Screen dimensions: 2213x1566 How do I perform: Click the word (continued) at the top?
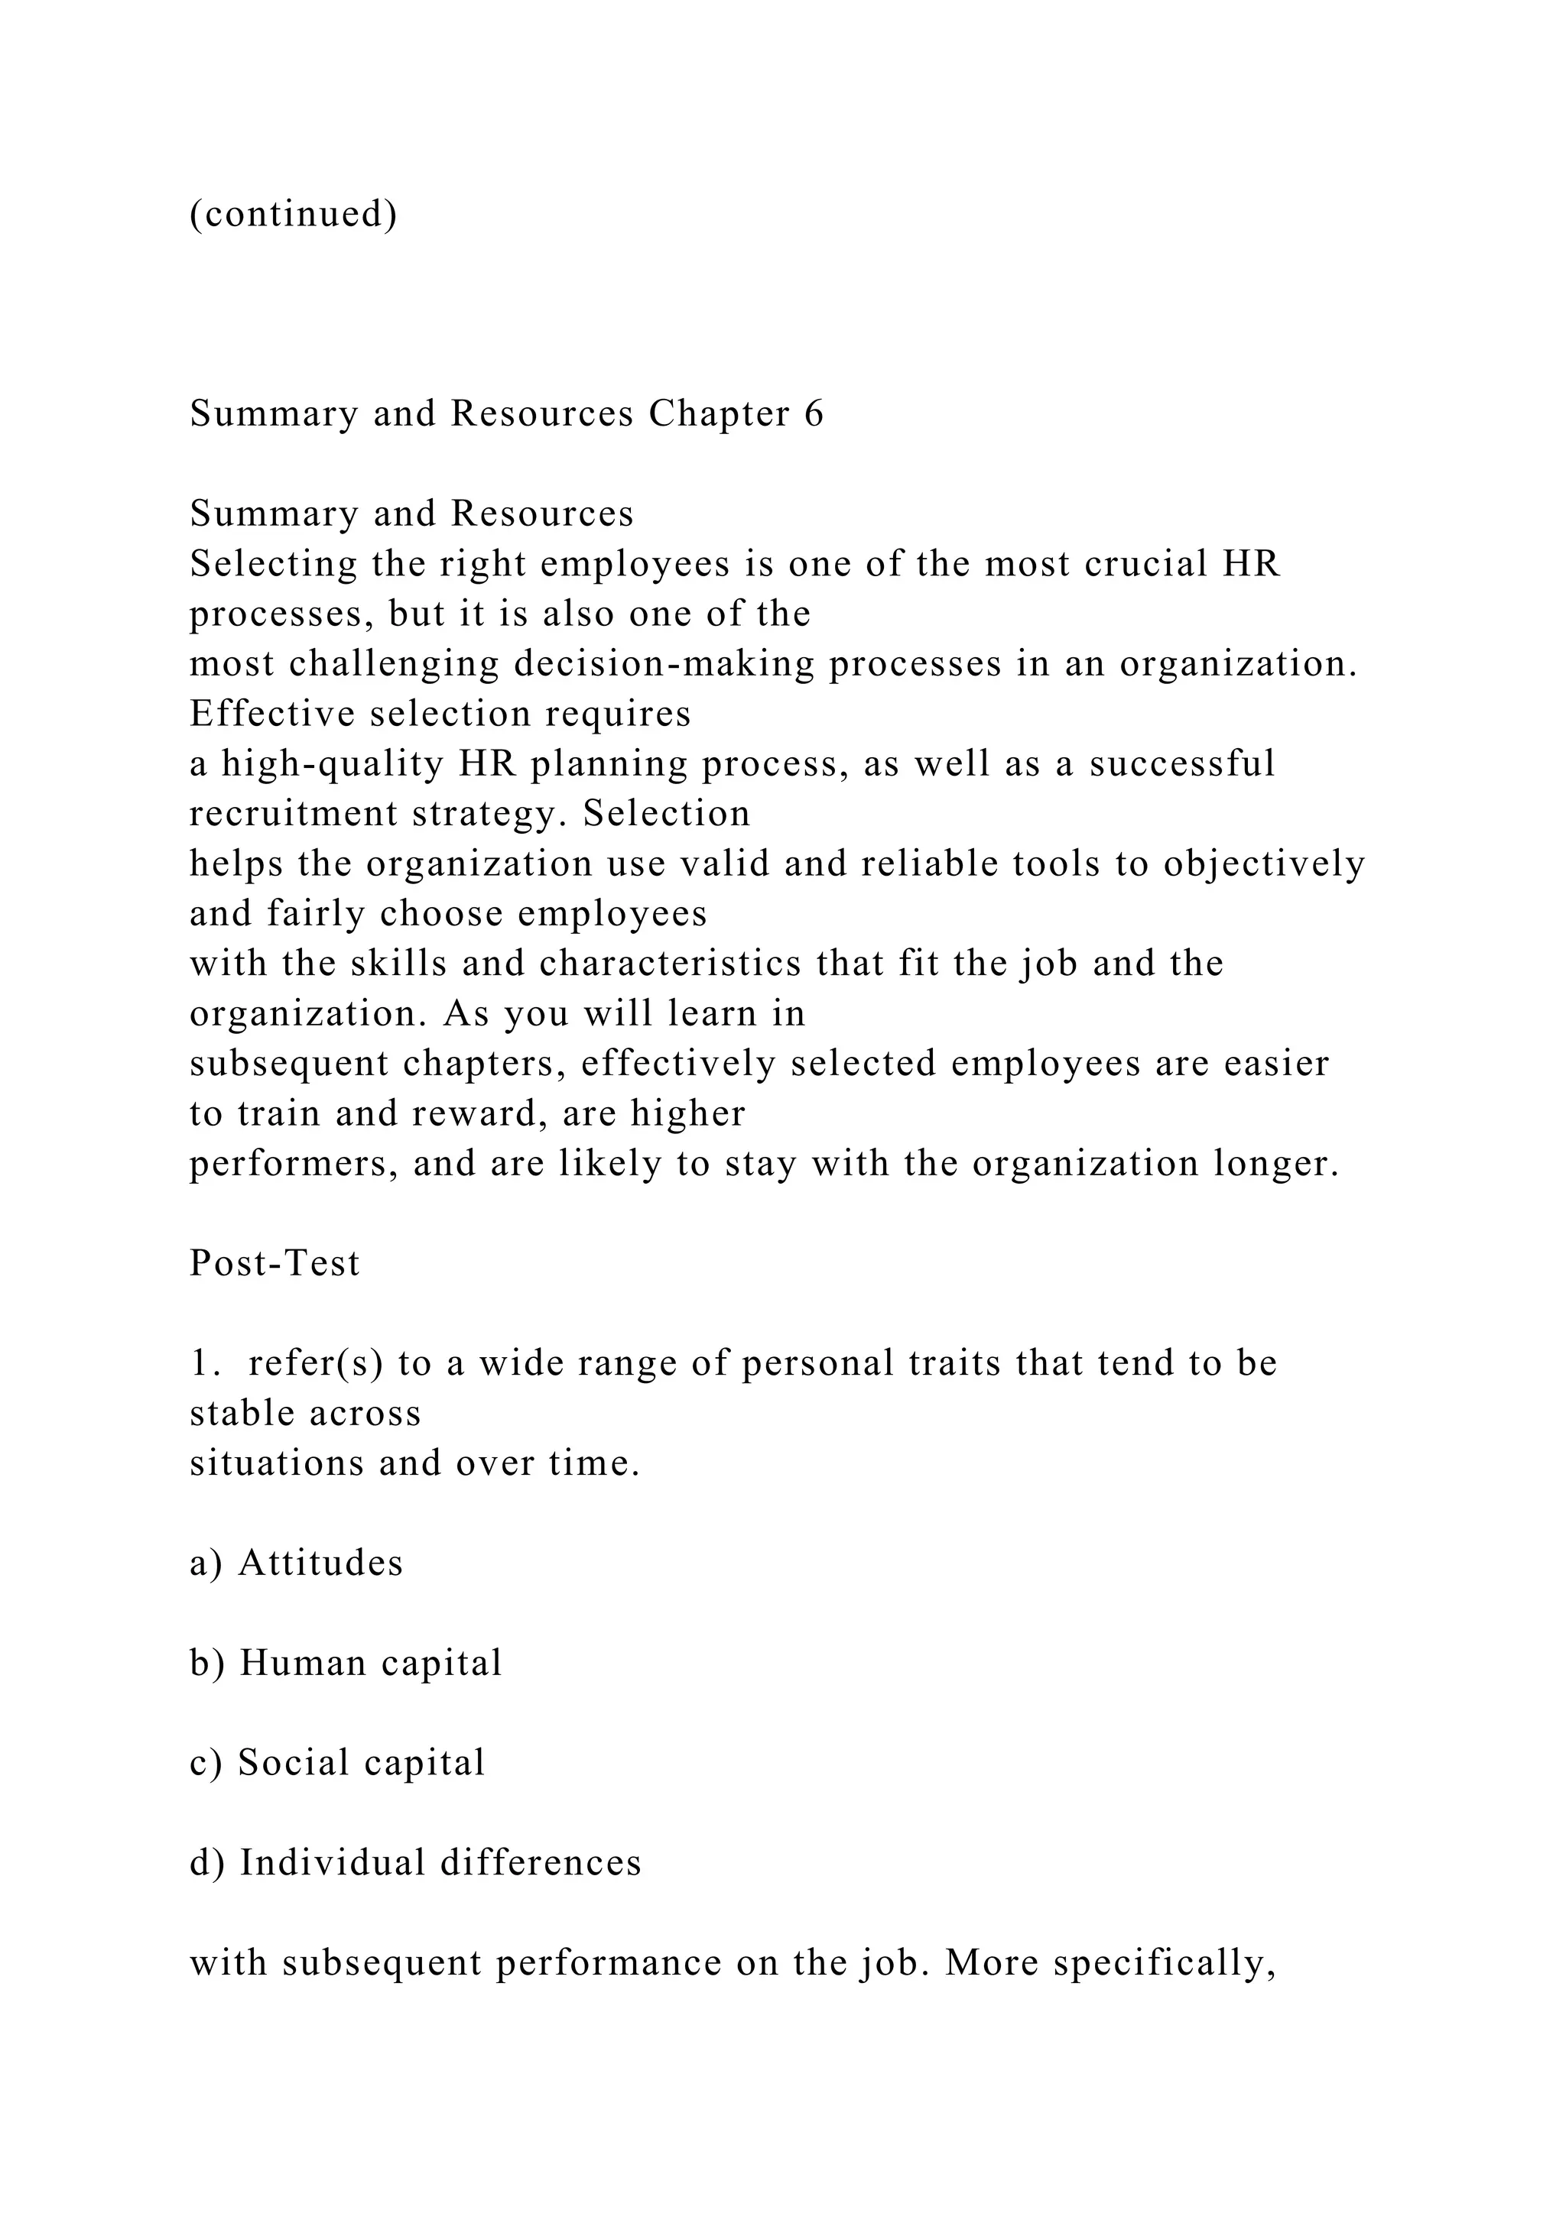tap(293, 214)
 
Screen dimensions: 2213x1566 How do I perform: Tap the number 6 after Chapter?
tap(813, 413)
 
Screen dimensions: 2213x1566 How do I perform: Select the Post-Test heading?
tap(275, 1264)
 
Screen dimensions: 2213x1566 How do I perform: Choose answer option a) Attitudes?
tap(297, 1563)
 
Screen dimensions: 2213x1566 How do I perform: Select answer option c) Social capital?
tap(337, 1763)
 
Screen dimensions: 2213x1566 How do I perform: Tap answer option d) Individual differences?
tap(416, 1863)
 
